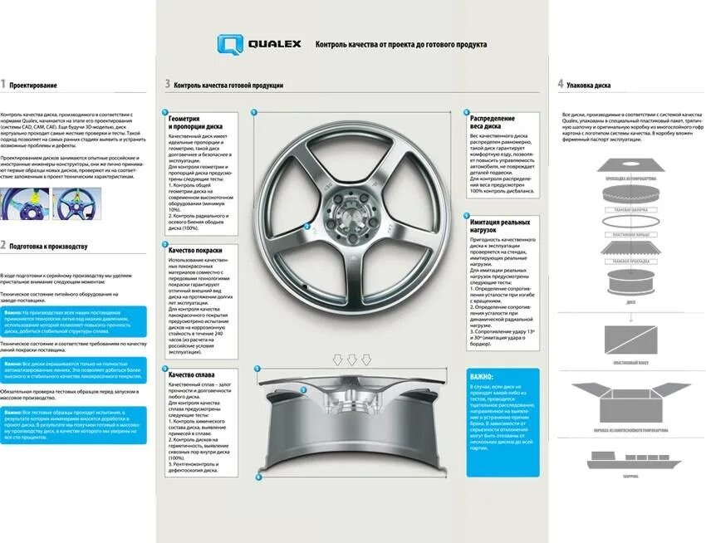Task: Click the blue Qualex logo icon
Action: (230, 45)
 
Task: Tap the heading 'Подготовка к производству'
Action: (48, 246)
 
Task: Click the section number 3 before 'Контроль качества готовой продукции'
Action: (167, 85)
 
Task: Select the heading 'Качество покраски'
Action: (195, 250)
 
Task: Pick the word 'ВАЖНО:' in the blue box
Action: (482, 376)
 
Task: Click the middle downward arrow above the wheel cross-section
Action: (352, 360)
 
